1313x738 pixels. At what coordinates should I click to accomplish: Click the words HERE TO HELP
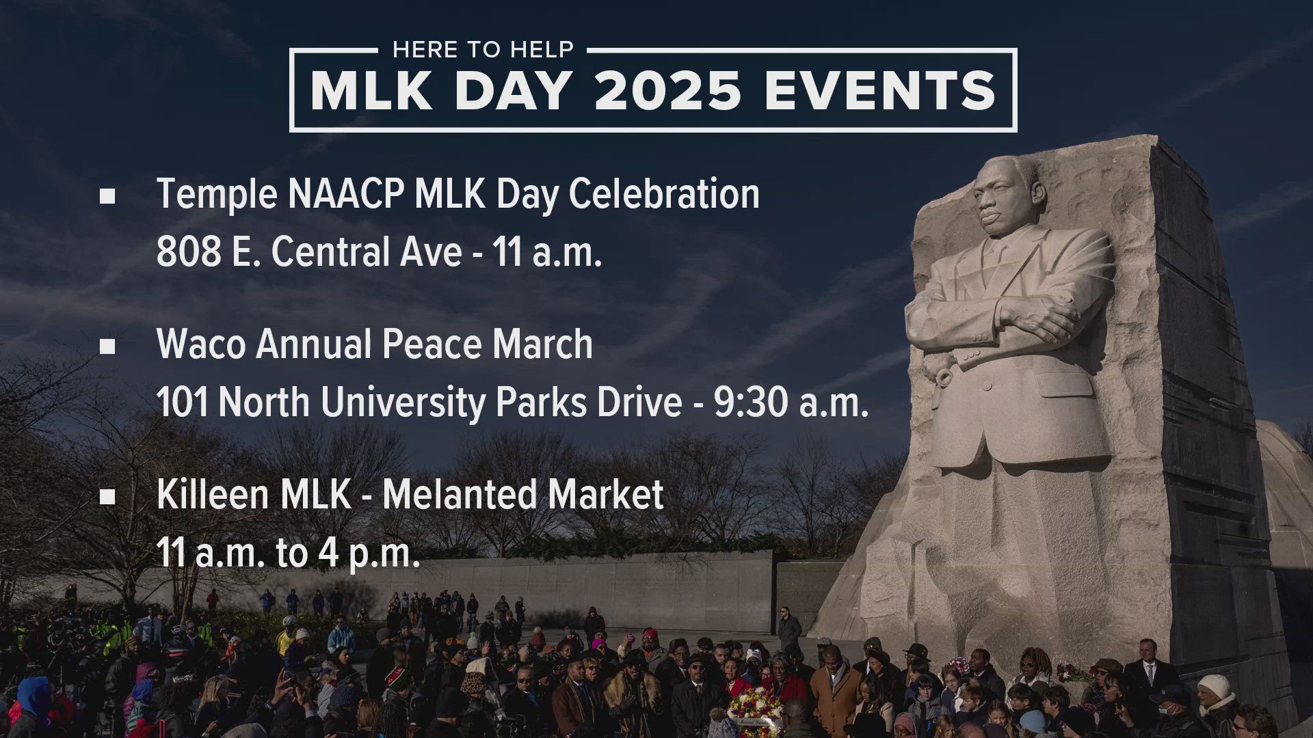click(x=483, y=50)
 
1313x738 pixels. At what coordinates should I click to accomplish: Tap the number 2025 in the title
click(x=668, y=91)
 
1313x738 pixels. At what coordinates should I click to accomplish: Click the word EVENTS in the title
click(x=880, y=91)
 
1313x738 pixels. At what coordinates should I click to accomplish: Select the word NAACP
click(x=346, y=194)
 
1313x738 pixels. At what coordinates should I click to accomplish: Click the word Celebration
click(x=664, y=194)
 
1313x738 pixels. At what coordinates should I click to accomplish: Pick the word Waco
click(x=201, y=344)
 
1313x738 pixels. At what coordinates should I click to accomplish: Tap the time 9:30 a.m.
click(x=791, y=403)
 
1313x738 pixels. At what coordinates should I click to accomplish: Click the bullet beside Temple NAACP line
click(x=107, y=197)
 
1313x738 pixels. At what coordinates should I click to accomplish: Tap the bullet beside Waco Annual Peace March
click(x=107, y=346)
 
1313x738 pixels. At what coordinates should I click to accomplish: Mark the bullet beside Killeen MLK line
click(x=107, y=497)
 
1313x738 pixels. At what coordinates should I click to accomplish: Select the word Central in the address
click(x=366, y=252)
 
